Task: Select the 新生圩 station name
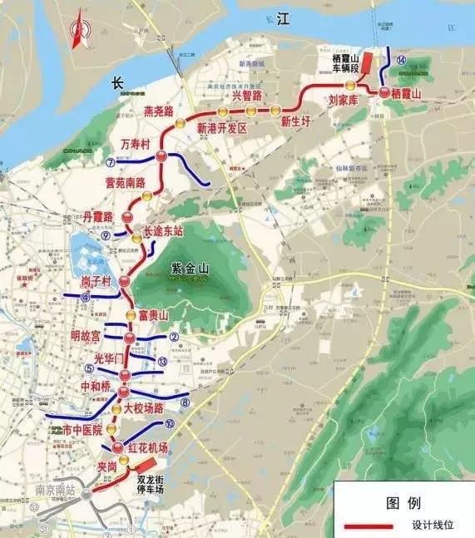pyautogui.click(x=295, y=121)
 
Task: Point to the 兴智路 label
pyautogui.click(x=247, y=96)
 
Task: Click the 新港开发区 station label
pyautogui.click(x=223, y=128)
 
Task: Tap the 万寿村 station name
pyautogui.click(x=135, y=144)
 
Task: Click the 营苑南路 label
pyautogui.click(x=125, y=182)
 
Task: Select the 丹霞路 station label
pyautogui.click(x=98, y=215)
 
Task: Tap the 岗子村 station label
pyautogui.click(x=96, y=283)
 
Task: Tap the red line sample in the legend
pyautogui.click(x=370, y=526)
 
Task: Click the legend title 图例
pyautogui.click(x=403, y=502)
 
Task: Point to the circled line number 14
pyautogui.click(x=401, y=61)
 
